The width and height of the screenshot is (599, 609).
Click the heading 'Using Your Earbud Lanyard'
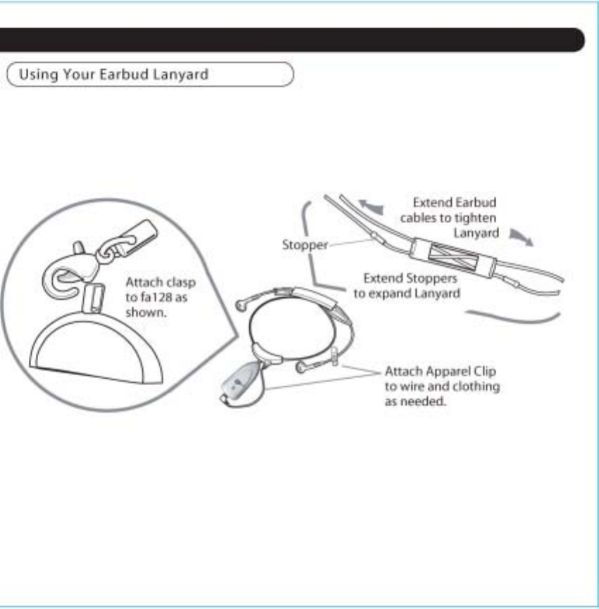(113, 74)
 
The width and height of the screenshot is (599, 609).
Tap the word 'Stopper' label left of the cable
(305, 245)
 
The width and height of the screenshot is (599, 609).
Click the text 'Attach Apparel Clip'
(441, 371)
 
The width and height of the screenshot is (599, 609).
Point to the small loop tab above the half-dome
(91, 296)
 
